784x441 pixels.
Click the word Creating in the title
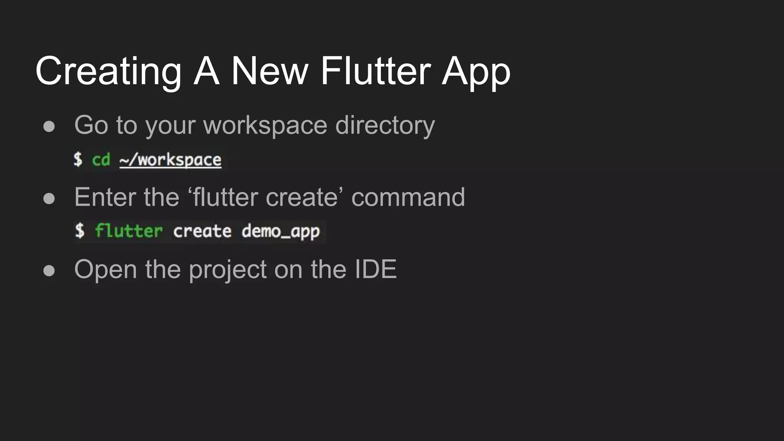(108, 71)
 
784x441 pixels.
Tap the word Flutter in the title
(376, 71)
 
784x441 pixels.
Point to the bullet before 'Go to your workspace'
(49, 126)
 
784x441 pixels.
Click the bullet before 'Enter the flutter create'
(49, 198)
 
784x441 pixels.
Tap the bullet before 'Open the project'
(49, 270)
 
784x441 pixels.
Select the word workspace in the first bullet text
(265, 126)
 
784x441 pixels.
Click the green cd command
(101, 160)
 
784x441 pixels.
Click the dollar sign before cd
(78, 159)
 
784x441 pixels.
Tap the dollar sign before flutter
(79, 230)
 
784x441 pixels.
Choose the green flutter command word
(129, 231)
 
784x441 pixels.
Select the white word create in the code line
(202, 231)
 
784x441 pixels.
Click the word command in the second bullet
(408, 198)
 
